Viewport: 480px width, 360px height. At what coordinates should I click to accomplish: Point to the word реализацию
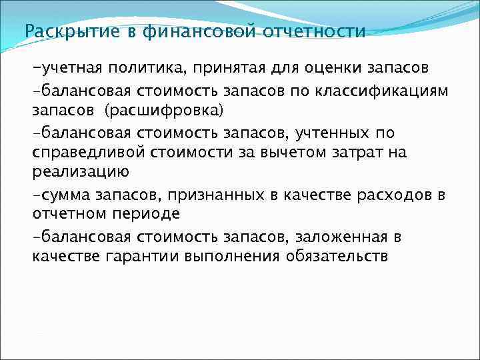pos(79,172)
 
